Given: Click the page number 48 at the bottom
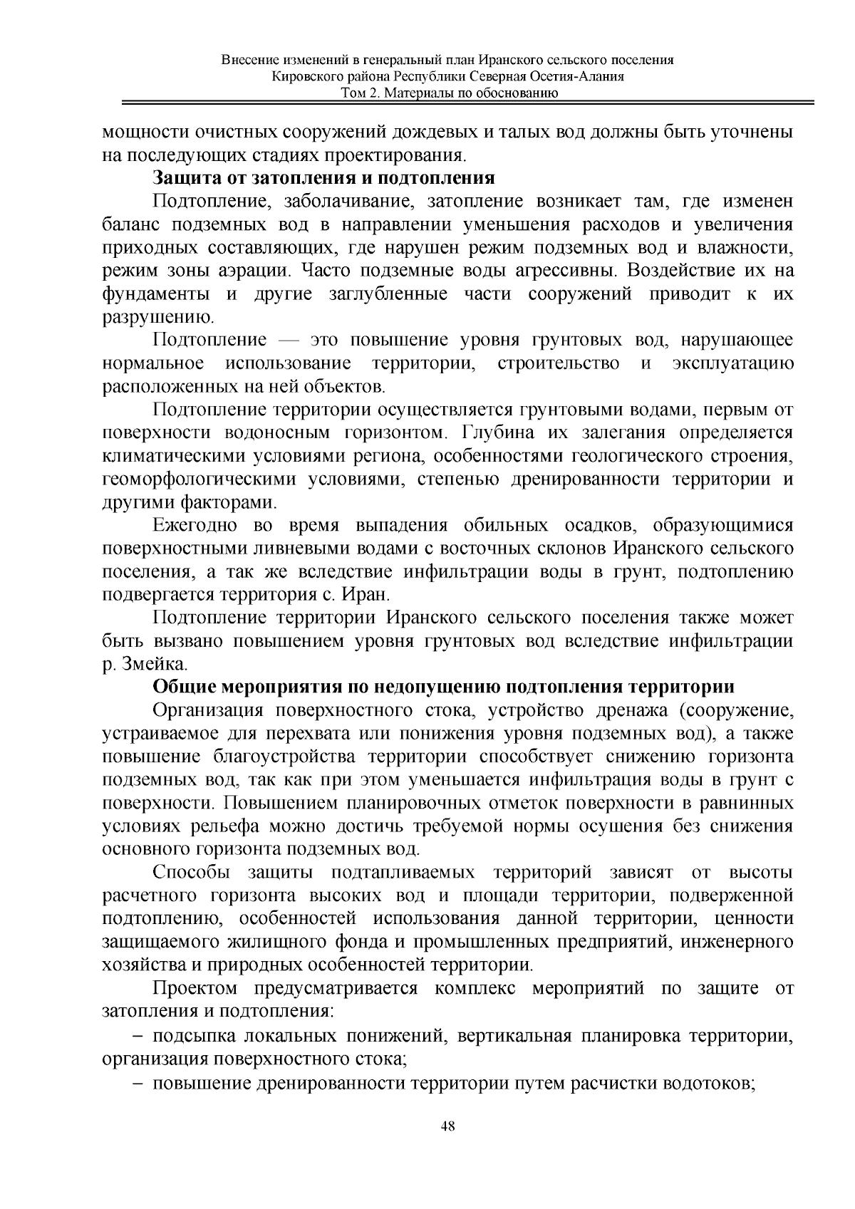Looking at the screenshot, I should pos(447,1126).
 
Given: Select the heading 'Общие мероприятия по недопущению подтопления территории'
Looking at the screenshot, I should pos(443,687).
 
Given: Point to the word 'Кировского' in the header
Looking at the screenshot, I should pos(306,78).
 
